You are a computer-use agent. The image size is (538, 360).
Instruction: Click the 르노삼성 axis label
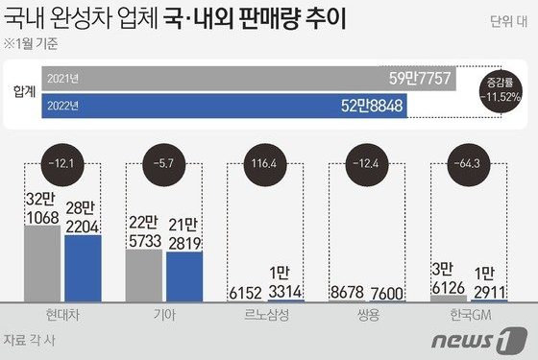click(x=267, y=316)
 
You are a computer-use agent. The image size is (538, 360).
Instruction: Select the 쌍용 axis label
click(x=369, y=316)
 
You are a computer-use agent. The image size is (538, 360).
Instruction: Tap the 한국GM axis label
click(x=470, y=316)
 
